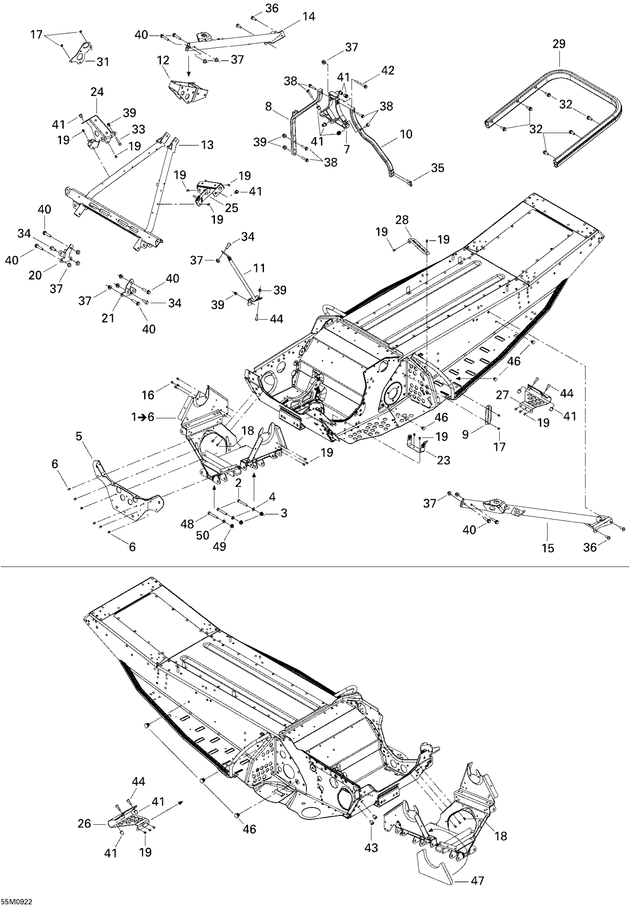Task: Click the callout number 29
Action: [558, 44]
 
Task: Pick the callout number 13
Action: [207, 145]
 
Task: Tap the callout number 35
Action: [437, 168]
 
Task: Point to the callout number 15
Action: [548, 548]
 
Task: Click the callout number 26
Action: [84, 823]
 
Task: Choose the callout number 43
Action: [371, 847]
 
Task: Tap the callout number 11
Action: [259, 268]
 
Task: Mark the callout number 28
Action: [402, 220]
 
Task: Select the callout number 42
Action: [387, 70]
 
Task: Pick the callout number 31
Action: [103, 62]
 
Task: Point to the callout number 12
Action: [163, 60]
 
